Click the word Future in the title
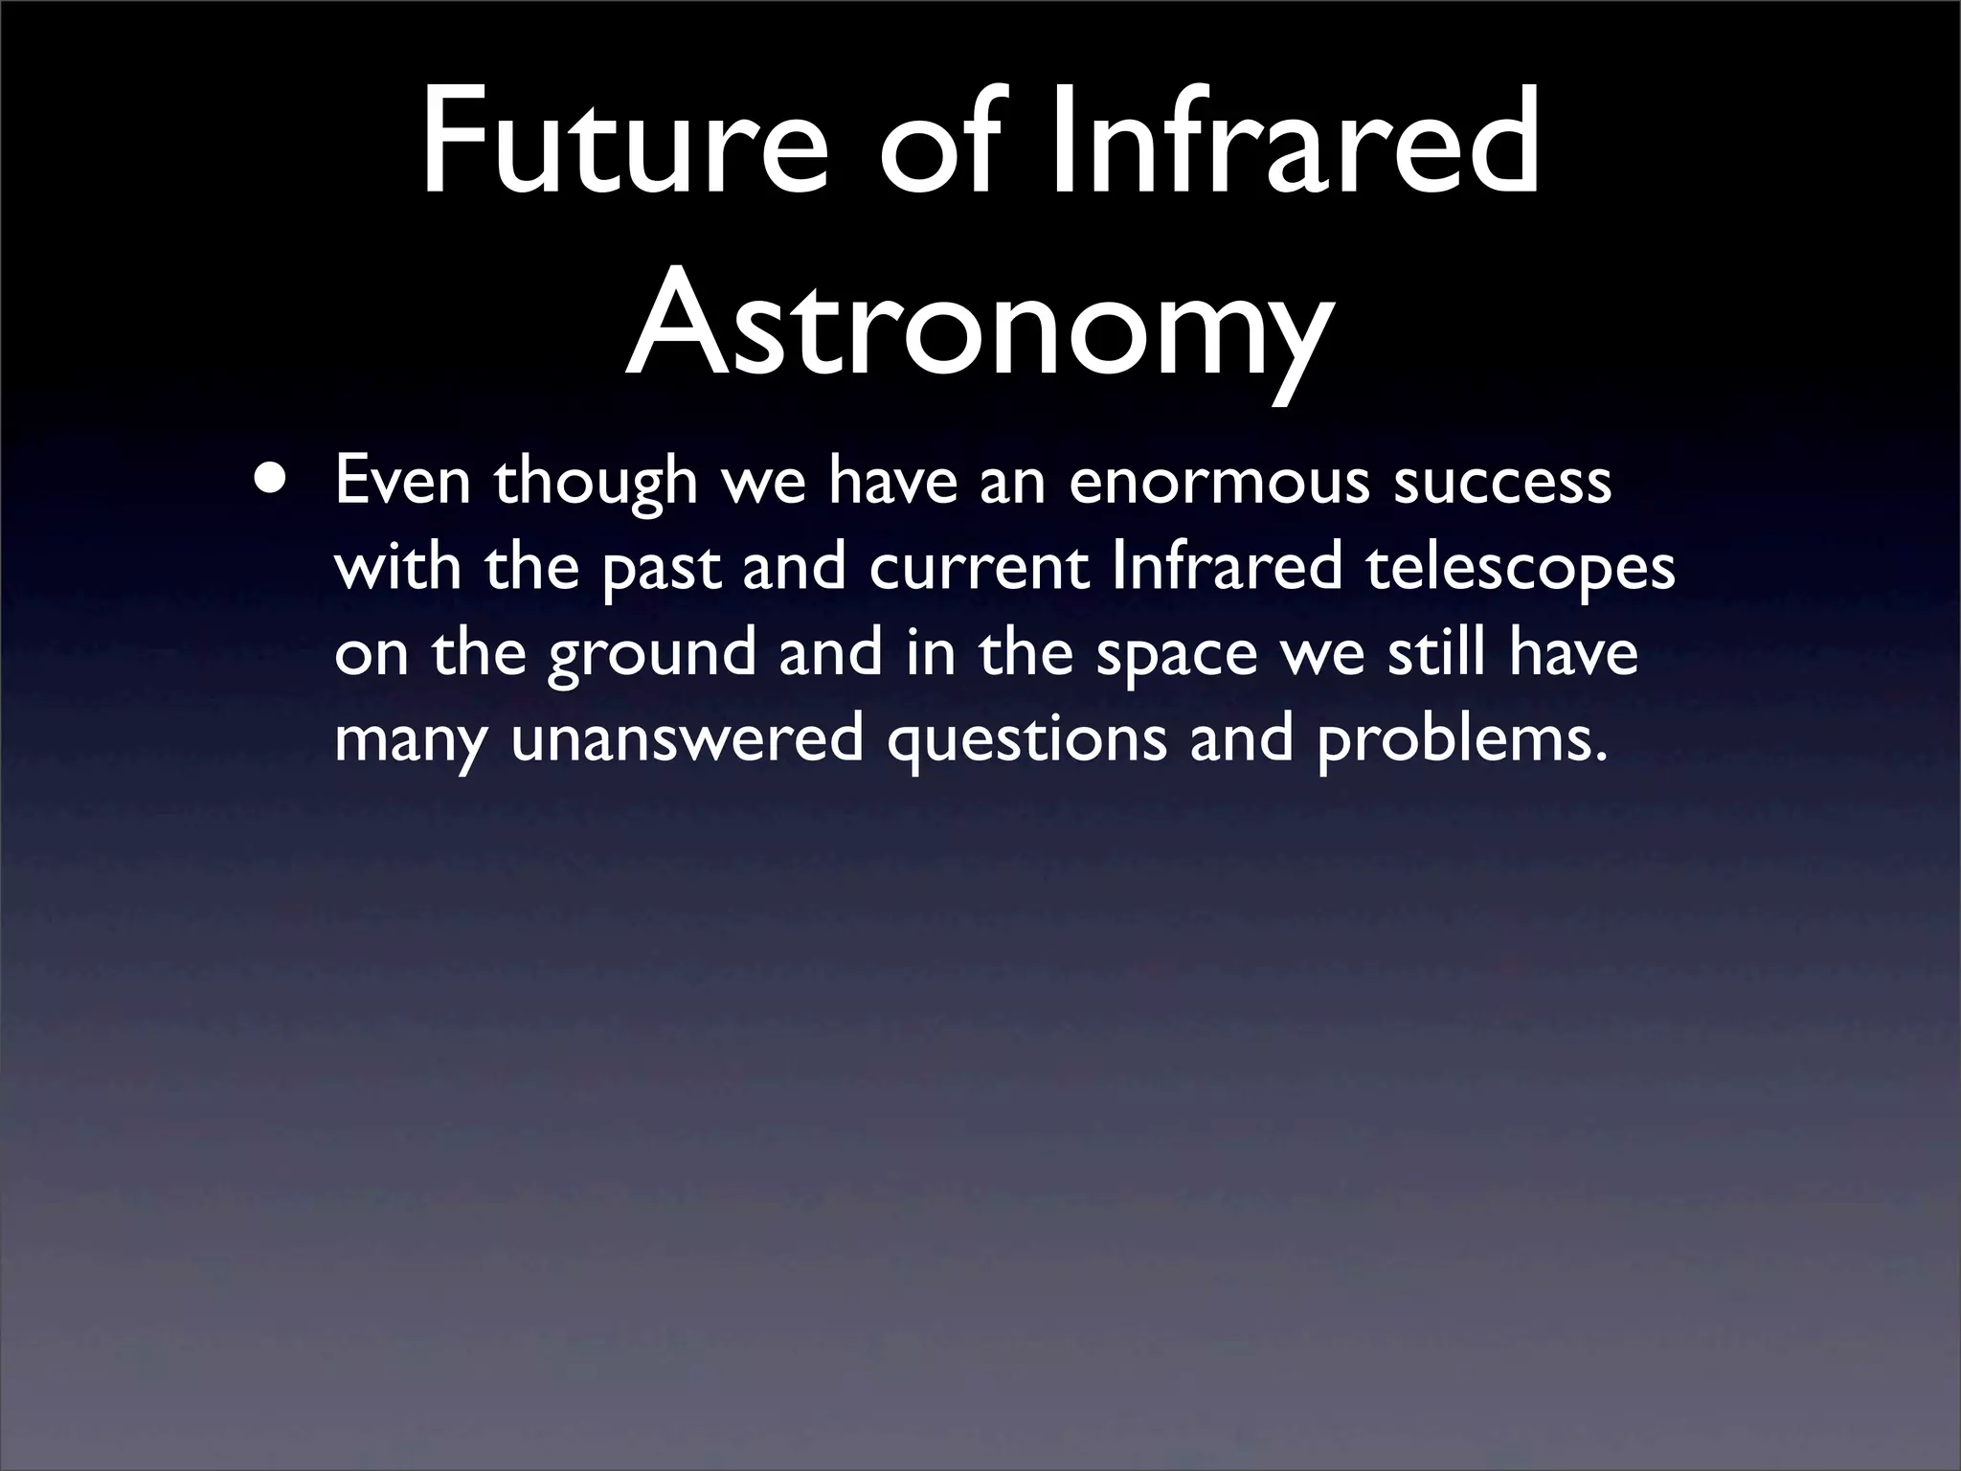(x=622, y=142)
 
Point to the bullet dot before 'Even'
(x=269, y=476)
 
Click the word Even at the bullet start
(x=402, y=481)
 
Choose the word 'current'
(x=980, y=568)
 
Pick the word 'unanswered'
(x=686, y=739)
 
